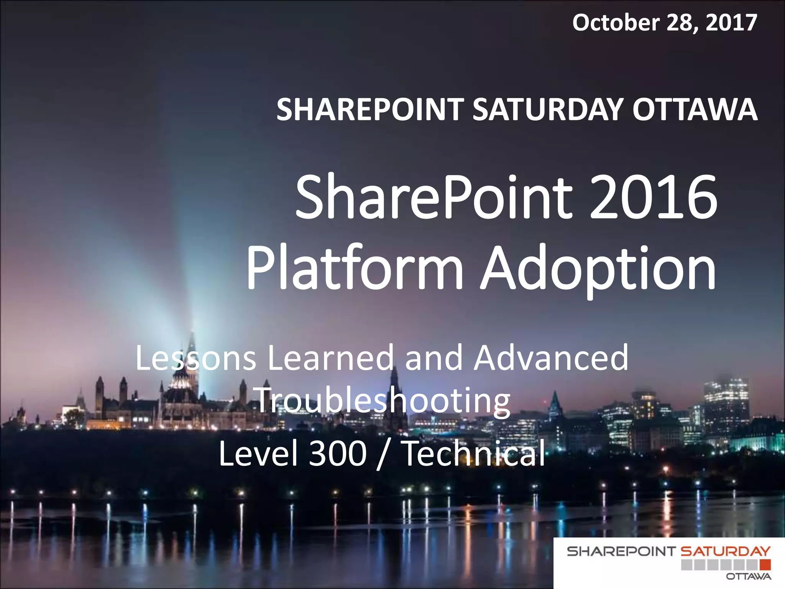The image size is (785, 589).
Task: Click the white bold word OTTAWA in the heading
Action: [x=695, y=110]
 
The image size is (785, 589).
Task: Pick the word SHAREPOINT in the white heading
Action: [x=370, y=110]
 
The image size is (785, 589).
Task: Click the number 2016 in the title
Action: [x=653, y=197]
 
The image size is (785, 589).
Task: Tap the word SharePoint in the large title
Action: [x=434, y=197]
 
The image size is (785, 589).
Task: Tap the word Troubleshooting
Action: [x=383, y=401]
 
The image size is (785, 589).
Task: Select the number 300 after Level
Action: [x=338, y=454]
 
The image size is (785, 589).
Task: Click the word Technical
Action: [x=475, y=454]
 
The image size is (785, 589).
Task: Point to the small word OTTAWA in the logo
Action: [x=749, y=577]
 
